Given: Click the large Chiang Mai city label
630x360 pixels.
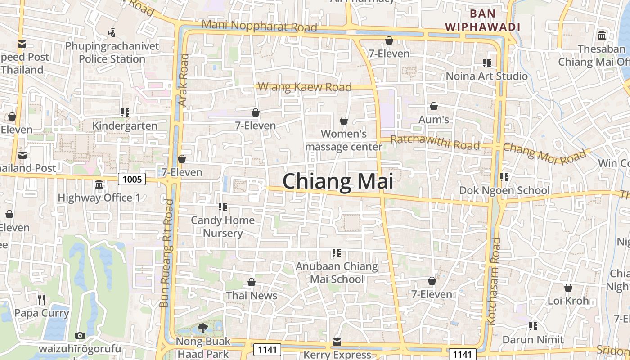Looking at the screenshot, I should point(338,182).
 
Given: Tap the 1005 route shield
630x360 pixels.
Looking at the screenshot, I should point(132,180).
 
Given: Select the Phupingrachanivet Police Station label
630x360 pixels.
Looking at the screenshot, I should point(112,53).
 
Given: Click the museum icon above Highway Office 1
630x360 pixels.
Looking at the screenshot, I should point(99,184).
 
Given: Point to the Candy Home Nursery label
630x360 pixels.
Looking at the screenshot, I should point(223,226).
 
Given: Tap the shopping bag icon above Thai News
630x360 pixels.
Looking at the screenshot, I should point(252,282).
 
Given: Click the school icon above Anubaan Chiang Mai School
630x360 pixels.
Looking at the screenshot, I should point(336,253).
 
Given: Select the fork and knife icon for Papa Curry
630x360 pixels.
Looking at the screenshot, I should point(41,299).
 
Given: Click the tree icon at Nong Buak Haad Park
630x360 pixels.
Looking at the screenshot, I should point(202,328).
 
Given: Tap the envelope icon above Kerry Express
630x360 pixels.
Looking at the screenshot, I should point(337,342).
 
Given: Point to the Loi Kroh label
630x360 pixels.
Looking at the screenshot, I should point(568,301).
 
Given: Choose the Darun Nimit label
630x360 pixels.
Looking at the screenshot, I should point(533,339).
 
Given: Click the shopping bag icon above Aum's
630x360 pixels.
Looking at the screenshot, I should point(434,106).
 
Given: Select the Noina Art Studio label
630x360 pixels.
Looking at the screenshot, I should point(486,76).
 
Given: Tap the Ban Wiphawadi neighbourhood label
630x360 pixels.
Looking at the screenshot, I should point(482,20).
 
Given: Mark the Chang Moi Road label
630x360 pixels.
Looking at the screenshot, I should point(545,153).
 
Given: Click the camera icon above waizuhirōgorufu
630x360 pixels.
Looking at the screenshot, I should point(80,335).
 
